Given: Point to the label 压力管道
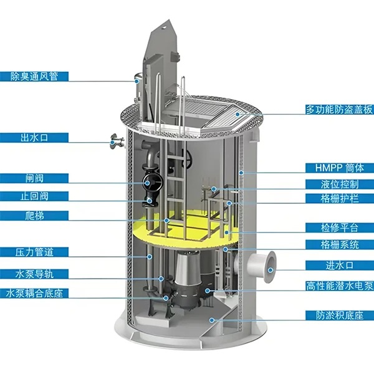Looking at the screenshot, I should coord(34,252).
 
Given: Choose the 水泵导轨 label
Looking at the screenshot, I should coord(34,273).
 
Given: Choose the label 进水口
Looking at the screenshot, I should coord(340,266).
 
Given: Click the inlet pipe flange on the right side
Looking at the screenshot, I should coord(269,265).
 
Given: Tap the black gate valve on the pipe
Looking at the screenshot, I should coord(150,181).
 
